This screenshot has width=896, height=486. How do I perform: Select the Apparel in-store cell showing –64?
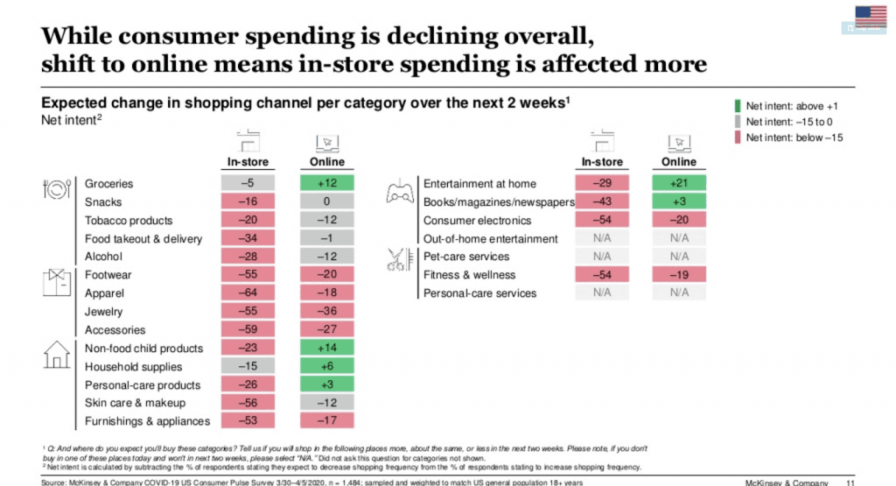(248, 293)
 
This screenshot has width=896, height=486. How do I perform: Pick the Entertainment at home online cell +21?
(678, 184)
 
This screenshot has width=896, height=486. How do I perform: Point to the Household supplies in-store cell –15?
(248, 367)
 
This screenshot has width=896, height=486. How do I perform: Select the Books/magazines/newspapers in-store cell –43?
(601, 202)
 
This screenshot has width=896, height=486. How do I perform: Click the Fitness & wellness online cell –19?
(678, 275)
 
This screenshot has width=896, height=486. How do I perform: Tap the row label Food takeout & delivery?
(143, 239)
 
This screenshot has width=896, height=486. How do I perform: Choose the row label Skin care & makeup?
(135, 403)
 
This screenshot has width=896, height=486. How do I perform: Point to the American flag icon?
(870, 16)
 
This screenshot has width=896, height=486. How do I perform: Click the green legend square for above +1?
(737, 106)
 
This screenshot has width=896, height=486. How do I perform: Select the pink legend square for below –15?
(737, 137)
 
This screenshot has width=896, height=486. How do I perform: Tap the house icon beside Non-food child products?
(56, 354)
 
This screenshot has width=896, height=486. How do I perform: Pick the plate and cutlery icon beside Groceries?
(55, 190)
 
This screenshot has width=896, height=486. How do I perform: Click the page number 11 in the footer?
(850, 482)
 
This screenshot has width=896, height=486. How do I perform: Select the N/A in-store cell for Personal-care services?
(601, 293)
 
